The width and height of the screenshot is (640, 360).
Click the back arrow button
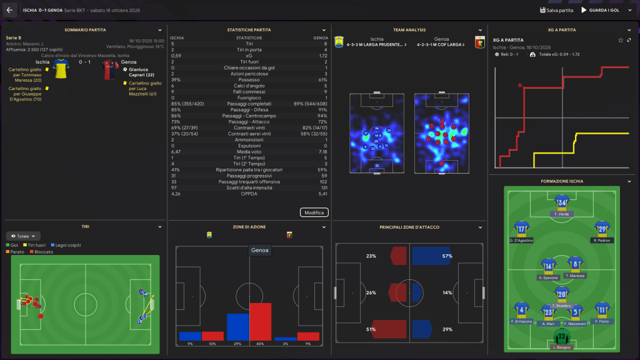tap(9, 10)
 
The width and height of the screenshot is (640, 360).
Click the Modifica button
tap(314, 212)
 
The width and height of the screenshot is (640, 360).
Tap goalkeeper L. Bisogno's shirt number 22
tap(560, 339)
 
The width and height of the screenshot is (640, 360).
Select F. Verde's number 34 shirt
tap(560, 202)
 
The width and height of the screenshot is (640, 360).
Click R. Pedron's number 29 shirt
tap(601, 228)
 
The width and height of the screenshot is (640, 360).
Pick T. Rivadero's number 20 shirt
tap(561, 293)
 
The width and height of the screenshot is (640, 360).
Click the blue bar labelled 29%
tap(238, 327)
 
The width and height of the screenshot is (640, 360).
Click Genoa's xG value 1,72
tap(322, 56)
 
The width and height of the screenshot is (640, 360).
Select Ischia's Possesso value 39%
tap(176, 79)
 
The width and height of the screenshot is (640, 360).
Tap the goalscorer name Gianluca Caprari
tap(138, 72)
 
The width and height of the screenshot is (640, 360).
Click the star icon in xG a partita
tap(620, 40)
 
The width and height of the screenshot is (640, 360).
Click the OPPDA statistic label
tap(249, 194)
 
